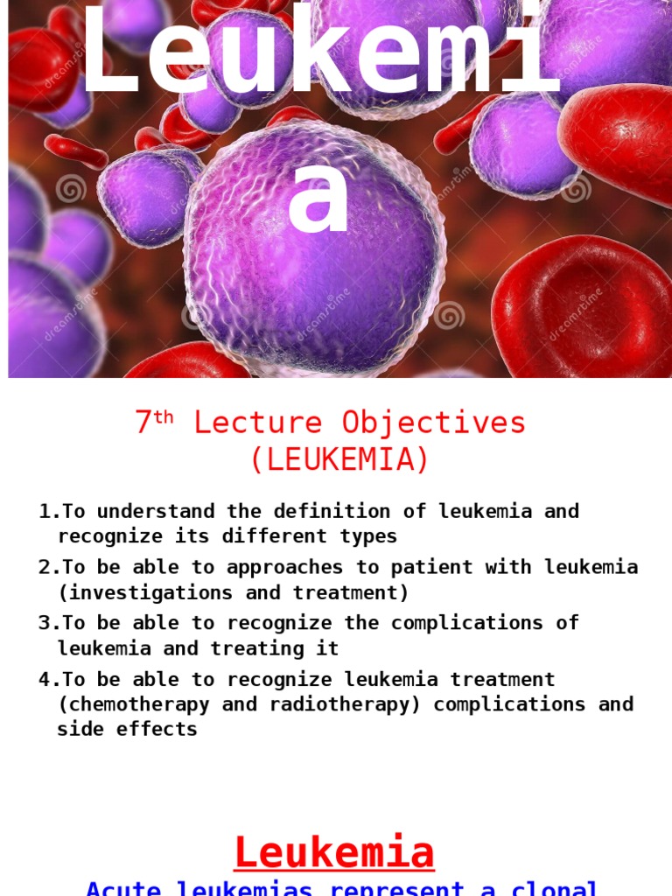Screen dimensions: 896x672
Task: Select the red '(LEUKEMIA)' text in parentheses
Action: click(339, 460)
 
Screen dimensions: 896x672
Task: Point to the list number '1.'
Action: click(49, 511)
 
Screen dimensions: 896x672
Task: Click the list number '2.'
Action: click(49, 567)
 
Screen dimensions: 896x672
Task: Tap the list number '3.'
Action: click(49, 623)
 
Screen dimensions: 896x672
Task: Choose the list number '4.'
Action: click(49, 679)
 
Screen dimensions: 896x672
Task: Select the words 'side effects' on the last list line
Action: click(128, 730)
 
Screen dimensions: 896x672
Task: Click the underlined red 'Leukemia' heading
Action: click(334, 852)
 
